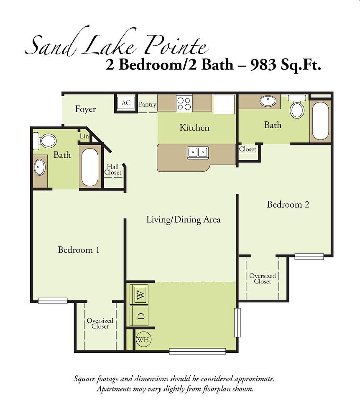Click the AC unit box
click(126, 103)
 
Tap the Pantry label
click(148, 105)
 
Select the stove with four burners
click(184, 103)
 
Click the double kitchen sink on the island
click(198, 152)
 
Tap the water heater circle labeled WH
click(144, 339)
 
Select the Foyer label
click(85, 109)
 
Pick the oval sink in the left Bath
click(40, 167)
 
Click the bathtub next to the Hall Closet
click(90, 166)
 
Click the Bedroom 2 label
click(288, 205)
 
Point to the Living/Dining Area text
click(183, 219)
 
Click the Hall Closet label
click(113, 170)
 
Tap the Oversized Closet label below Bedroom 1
click(100, 324)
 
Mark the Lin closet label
click(84, 136)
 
